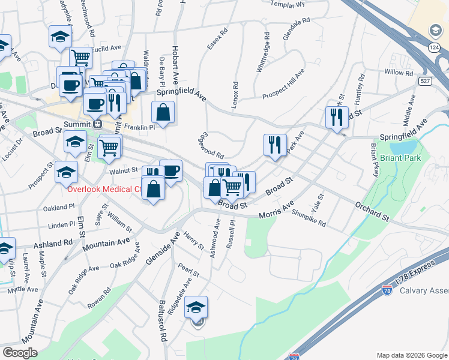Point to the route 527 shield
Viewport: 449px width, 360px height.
[425, 81]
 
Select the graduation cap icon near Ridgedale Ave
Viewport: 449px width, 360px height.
[196, 307]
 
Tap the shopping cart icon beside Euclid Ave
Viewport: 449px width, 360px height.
[80, 58]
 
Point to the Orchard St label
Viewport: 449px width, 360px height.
[372, 211]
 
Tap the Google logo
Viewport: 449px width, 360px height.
[20, 352]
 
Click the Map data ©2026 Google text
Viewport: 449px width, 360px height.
[412, 355]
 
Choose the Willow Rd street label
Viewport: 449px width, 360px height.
[399, 73]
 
